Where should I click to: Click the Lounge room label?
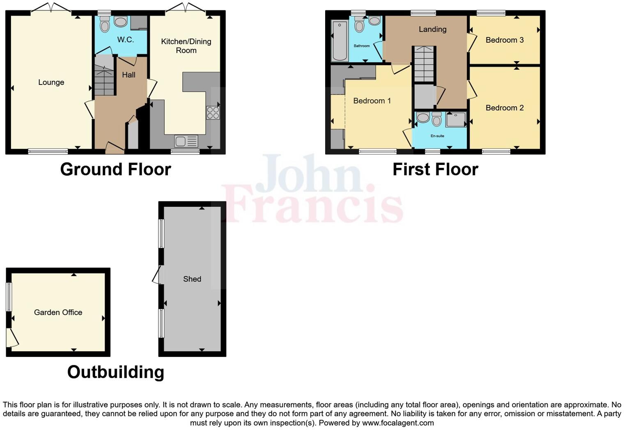pyautogui.click(x=51, y=82)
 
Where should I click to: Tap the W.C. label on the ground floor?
pyautogui.click(x=125, y=40)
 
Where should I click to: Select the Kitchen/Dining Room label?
pyautogui.click(x=186, y=46)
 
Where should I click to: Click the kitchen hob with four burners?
pyautogui.click(x=213, y=113)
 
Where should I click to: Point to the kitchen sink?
pyautogui.click(x=186, y=141)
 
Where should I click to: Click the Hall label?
pyautogui.click(x=128, y=75)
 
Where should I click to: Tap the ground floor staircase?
pyautogui.click(x=104, y=76)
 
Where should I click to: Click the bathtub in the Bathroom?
pyautogui.click(x=340, y=41)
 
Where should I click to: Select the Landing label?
pyautogui.click(x=432, y=30)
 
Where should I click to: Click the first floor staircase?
pyautogui.click(x=424, y=64)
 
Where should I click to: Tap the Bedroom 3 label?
pyautogui.click(x=505, y=40)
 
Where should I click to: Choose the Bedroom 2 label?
pyautogui.click(x=505, y=108)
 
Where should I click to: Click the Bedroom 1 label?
pyautogui.click(x=372, y=101)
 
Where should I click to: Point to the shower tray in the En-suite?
pyautogui.click(x=456, y=120)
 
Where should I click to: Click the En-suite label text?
pyautogui.click(x=437, y=136)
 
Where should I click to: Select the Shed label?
pyautogui.click(x=192, y=279)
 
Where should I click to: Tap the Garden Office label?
pyautogui.click(x=58, y=313)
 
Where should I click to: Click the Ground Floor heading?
pyautogui.click(x=115, y=169)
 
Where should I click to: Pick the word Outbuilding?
pyautogui.click(x=116, y=372)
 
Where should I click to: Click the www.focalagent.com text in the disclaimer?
pyautogui.click(x=398, y=423)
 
